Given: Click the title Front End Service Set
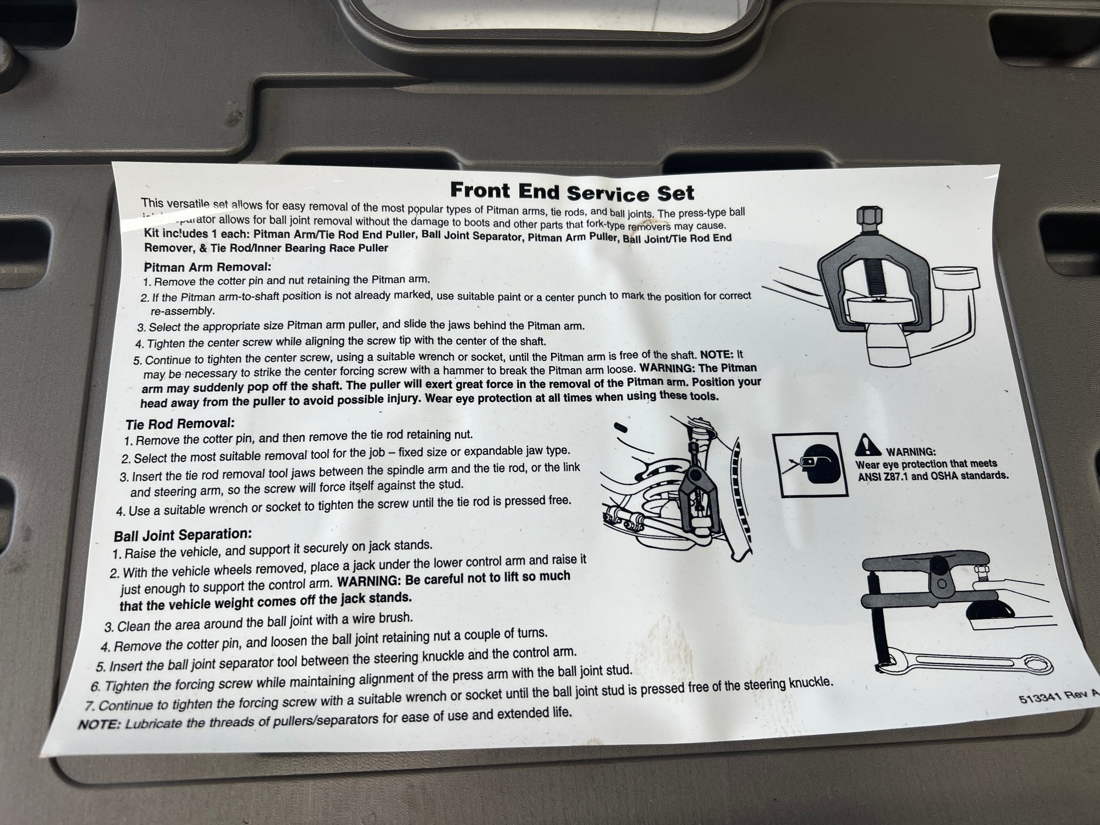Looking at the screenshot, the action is [x=572, y=191].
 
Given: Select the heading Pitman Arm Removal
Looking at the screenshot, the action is [x=207, y=267].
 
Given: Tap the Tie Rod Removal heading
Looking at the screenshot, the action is [x=180, y=424].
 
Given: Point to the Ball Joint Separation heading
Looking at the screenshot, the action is [x=183, y=535].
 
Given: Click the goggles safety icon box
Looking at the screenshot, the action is [x=809, y=465].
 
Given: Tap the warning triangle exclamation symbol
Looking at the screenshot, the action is [x=868, y=445].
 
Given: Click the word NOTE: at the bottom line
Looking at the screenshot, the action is [x=100, y=724].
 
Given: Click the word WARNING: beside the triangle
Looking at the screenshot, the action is [x=910, y=452].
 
